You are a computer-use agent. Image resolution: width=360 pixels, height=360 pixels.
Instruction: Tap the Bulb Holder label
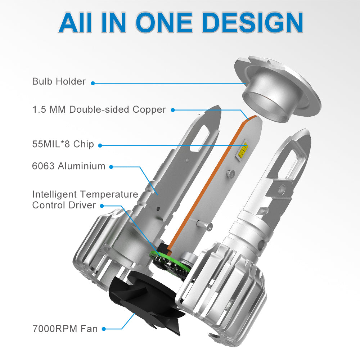(59, 81)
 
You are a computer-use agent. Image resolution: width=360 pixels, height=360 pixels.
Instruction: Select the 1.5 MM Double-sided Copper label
(99, 109)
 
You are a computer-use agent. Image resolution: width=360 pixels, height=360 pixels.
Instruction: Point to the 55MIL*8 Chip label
(63, 144)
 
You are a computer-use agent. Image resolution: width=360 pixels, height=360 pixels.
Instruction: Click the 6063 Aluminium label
(69, 166)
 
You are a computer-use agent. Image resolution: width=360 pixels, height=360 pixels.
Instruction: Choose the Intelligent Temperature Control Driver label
(85, 200)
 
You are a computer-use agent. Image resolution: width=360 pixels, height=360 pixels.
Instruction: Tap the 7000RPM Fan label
(65, 329)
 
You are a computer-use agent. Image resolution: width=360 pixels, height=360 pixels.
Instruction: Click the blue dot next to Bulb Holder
(93, 83)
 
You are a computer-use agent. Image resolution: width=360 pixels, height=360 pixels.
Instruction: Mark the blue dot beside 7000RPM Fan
(104, 329)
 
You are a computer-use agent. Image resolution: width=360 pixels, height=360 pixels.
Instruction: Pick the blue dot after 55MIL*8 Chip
(100, 145)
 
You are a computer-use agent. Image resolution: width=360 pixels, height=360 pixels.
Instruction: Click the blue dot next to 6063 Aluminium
(111, 167)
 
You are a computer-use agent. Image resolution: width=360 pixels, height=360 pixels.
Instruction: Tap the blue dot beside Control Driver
(102, 206)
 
